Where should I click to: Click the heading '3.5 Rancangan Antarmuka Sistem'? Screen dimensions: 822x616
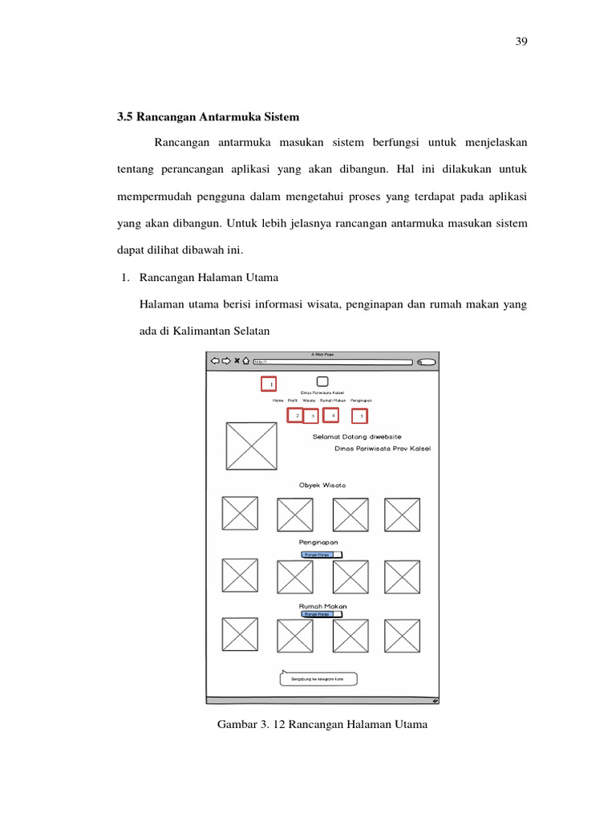point(208,117)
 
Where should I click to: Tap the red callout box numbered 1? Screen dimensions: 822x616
point(269,385)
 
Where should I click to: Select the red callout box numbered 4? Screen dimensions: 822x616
point(330,415)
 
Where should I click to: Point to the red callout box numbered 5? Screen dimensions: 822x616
point(361,416)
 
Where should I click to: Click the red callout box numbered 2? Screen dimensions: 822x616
point(296,415)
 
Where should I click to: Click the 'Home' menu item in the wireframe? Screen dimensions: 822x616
point(278,400)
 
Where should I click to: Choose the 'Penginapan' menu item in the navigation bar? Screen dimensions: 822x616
point(361,400)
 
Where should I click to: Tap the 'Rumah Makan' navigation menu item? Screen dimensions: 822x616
point(332,400)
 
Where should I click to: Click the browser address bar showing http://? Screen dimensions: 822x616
point(332,361)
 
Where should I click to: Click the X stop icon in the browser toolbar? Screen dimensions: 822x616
point(236,361)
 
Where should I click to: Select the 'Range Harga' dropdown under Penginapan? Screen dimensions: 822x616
point(321,554)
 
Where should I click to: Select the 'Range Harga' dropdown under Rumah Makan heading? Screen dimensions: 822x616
point(321,614)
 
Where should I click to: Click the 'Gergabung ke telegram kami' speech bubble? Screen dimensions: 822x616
point(318,679)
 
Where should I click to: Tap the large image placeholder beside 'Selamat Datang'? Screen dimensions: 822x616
point(251,446)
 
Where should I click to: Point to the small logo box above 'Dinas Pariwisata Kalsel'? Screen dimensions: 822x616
point(322,382)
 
